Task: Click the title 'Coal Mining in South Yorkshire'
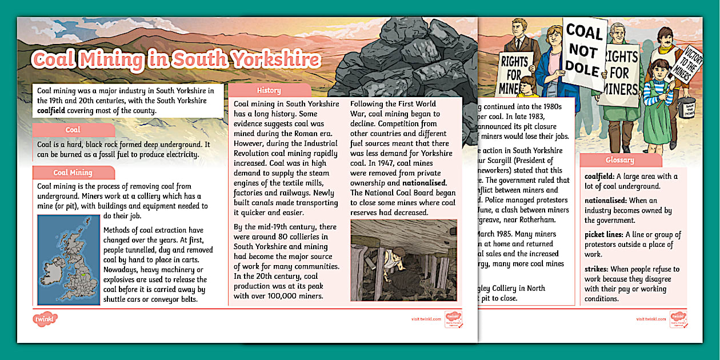176,60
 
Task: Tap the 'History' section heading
269,90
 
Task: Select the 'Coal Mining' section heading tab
73,173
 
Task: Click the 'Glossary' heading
619,161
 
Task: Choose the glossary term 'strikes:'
598,269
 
